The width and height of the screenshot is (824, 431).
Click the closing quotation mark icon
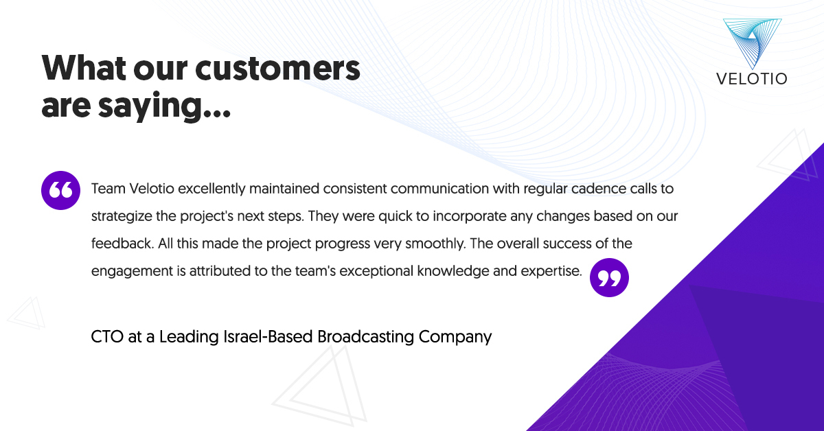click(609, 277)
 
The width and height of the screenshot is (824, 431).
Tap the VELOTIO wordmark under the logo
click(752, 79)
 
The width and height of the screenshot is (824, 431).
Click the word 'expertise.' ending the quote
click(551, 271)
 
